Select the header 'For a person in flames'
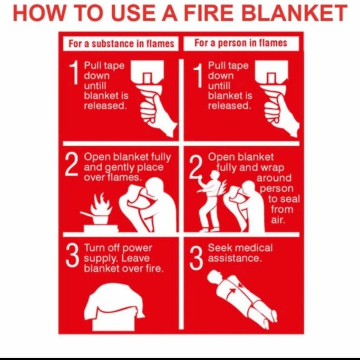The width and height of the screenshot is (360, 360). pyautogui.click(x=241, y=43)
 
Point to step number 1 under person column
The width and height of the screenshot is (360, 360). pyautogui.click(x=198, y=76)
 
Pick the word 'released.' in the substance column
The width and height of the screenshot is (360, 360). pyautogui.click(x=105, y=106)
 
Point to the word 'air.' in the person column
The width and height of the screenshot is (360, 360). pyautogui.click(x=278, y=220)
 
